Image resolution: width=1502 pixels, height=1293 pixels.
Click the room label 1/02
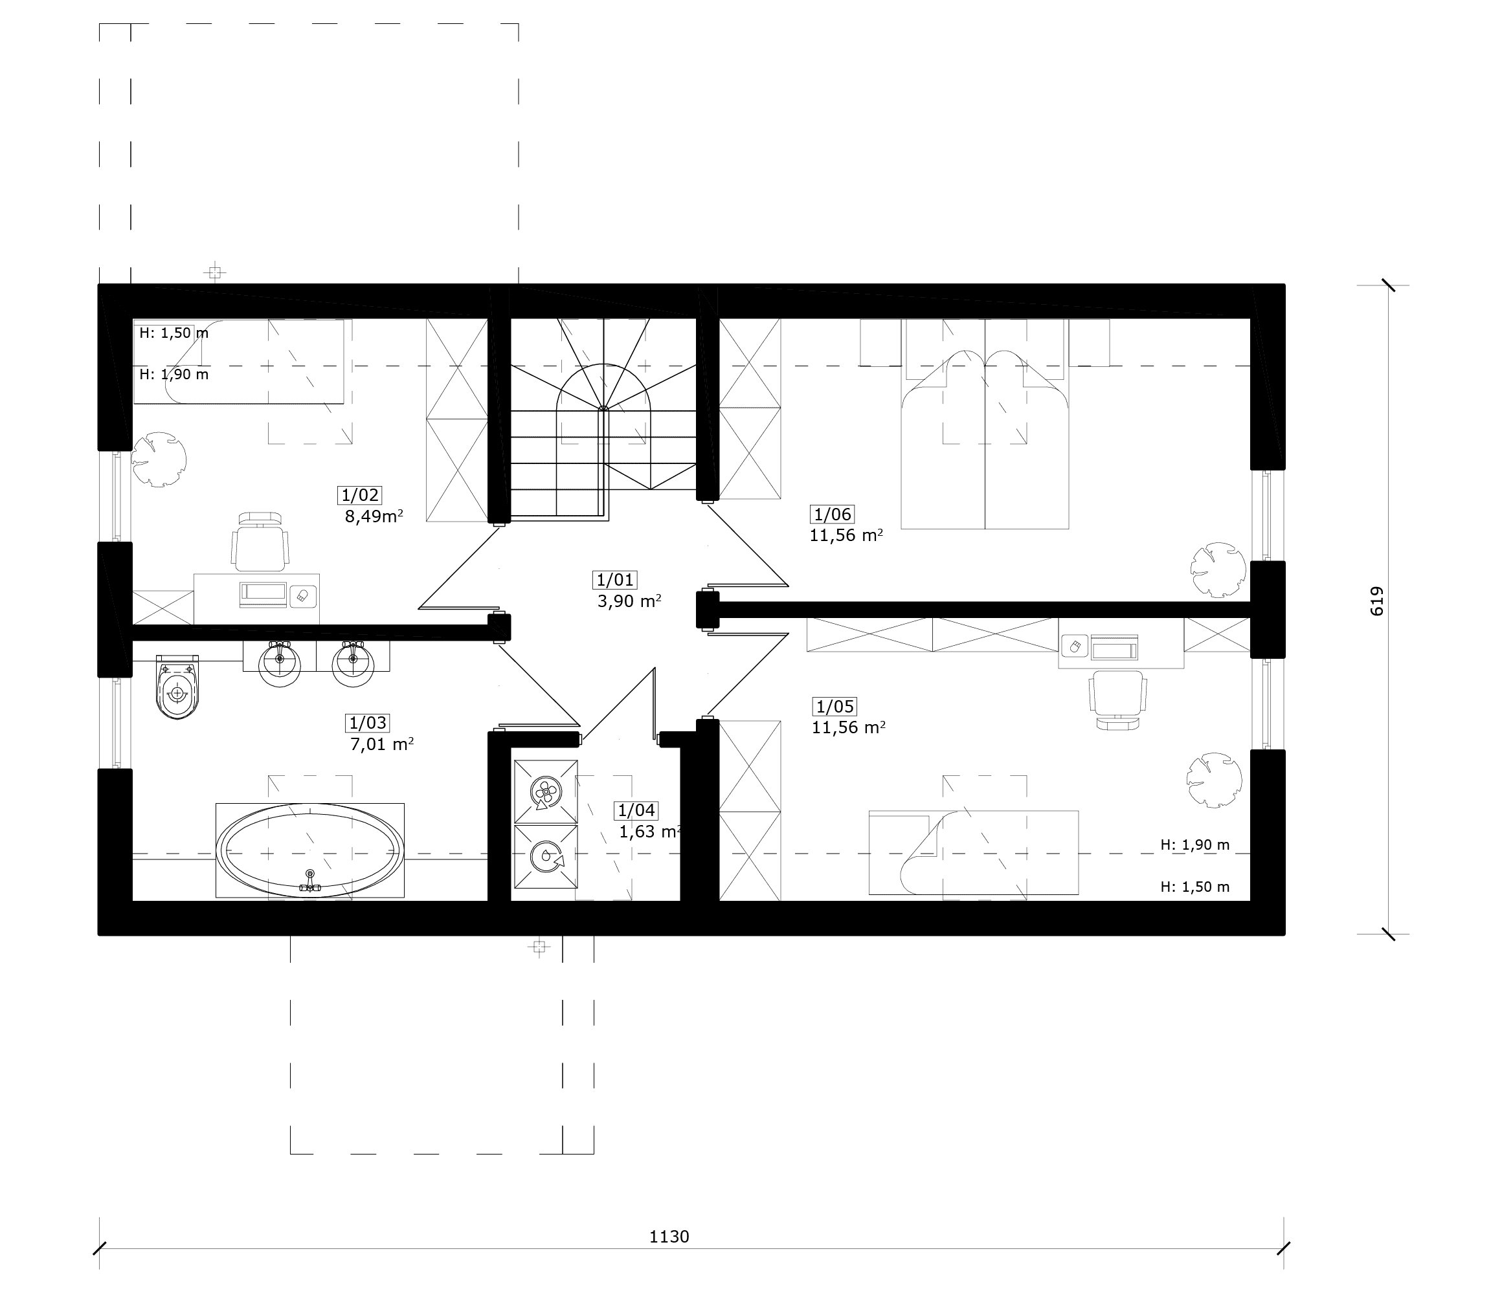point(359,495)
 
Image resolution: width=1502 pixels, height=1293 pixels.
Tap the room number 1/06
point(832,514)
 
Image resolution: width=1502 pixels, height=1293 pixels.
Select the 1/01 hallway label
point(614,579)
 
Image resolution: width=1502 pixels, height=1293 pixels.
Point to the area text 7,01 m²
point(382,744)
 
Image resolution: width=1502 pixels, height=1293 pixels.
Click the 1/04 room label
point(636,810)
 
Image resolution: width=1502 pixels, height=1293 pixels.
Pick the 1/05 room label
point(835,706)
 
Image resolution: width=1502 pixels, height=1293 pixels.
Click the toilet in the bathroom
point(177,687)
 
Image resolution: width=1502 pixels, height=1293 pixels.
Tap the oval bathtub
point(310,850)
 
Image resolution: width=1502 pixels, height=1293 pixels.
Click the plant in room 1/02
point(159,459)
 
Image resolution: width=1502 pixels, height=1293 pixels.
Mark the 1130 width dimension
point(668,1237)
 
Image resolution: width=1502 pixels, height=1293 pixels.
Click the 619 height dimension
point(1376,602)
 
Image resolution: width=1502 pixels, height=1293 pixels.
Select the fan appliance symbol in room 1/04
point(544,791)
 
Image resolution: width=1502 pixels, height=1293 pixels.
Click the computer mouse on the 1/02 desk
point(302,597)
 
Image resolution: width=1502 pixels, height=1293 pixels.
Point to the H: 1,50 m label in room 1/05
point(1194,887)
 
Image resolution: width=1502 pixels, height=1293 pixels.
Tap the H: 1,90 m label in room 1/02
point(174,374)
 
